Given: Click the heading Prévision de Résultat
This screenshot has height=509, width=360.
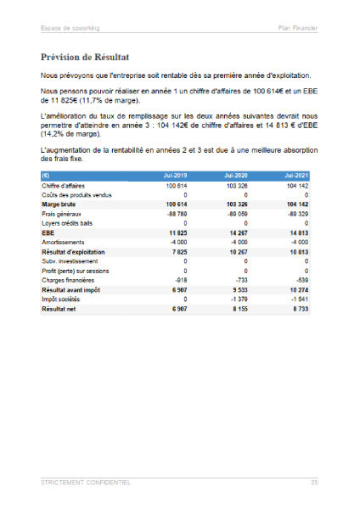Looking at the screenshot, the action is [x=84, y=58].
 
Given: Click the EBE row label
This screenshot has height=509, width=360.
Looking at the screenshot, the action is [x=49, y=232].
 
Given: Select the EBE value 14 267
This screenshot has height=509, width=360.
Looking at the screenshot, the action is [x=242, y=232].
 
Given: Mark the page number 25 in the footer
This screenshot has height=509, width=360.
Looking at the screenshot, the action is [x=313, y=482].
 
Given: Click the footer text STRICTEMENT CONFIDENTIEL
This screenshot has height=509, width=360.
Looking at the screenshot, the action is [x=86, y=482].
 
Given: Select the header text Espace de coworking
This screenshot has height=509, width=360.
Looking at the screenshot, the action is [x=69, y=27].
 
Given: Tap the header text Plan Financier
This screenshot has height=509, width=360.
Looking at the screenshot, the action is [x=298, y=27].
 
